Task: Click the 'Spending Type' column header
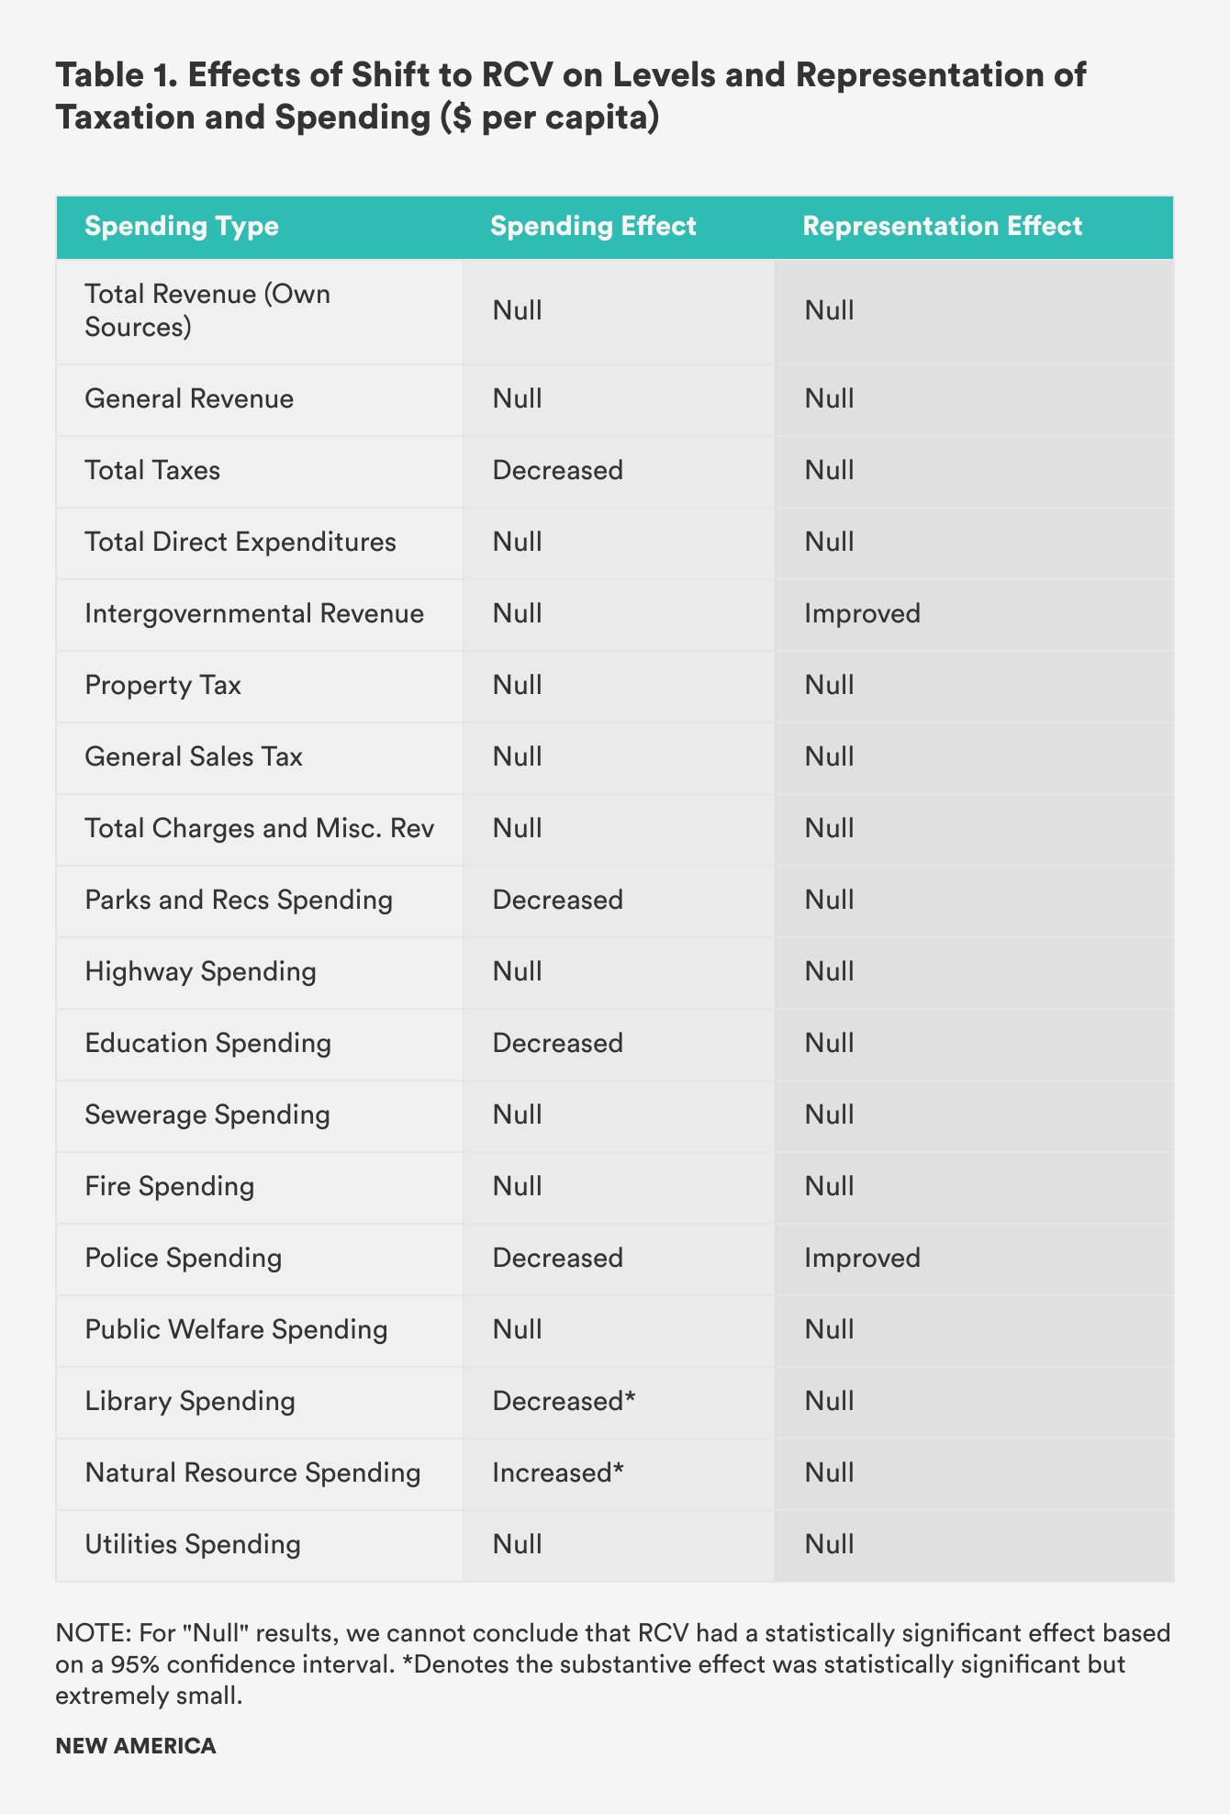pyautogui.click(x=182, y=226)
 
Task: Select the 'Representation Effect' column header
pyautogui.click(x=942, y=226)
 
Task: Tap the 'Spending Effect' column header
pyautogui.click(x=593, y=226)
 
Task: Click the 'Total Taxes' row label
pyautogui.click(x=152, y=471)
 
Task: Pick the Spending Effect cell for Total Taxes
pyautogui.click(x=557, y=471)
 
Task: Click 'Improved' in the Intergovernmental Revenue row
pyautogui.click(x=862, y=614)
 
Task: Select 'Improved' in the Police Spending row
pyautogui.click(x=862, y=1259)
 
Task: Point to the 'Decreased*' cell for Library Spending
pyautogui.click(x=564, y=1402)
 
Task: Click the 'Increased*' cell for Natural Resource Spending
pyautogui.click(x=558, y=1473)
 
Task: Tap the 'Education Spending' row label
pyautogui.click(x=207, y=1044)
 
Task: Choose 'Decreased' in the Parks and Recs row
pyautogui.click(x=557, y=901)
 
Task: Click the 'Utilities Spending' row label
pyautogui.click(x=193, y=1545)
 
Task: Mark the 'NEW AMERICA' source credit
pyautogui.click(x=136, y=1746)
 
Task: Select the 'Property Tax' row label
pyautogui.click(x=162, y=686)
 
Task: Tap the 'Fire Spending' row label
pyautogui.click(x=169, y=1187)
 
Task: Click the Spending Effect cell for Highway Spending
pyautogui.click(x=517, y=972)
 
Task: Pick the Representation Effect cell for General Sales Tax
pyautogui.click(x=829, y=757)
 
